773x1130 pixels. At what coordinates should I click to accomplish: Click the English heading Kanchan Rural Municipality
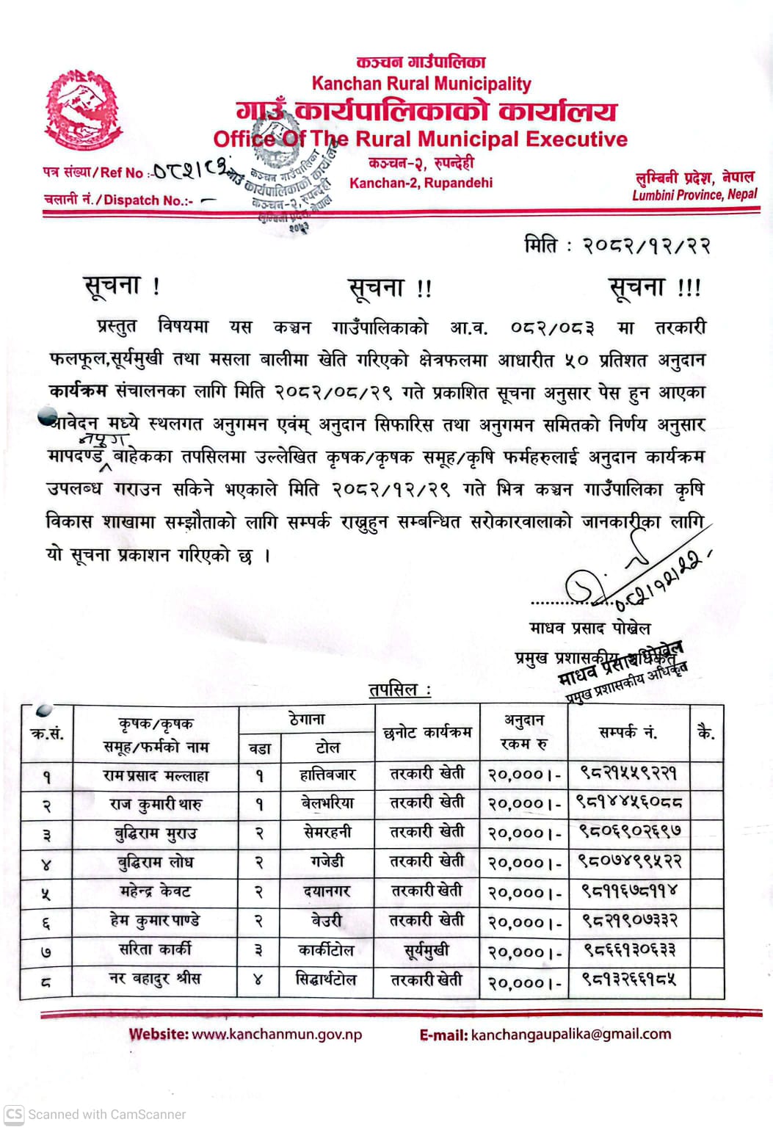click(421, 84)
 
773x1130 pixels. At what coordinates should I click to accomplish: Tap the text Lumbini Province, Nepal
click(694, 195)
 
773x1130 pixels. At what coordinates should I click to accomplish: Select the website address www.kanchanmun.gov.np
click(276, 1034)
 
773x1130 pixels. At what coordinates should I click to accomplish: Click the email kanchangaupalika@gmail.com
click(570, 1034)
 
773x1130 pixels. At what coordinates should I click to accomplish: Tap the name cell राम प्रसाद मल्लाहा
click(156, 775)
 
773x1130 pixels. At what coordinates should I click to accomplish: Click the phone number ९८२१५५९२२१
click(628, 773)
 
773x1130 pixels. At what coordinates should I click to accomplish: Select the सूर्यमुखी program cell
click(427, 951)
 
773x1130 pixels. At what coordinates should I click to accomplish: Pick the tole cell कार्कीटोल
click(326, 950)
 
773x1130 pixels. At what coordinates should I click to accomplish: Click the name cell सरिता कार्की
click(156, 949)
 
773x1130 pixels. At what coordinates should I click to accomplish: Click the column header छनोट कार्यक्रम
click(427, 732)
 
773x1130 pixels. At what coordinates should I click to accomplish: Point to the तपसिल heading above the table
click(399, 689)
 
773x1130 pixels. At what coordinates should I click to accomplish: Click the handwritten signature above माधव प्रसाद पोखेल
click(631, 580)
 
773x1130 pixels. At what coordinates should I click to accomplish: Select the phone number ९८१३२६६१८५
click(629, 979)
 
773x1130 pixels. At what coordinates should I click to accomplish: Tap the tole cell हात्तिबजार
click(327, 775)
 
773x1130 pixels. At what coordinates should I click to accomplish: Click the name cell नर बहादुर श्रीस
click(156, 979)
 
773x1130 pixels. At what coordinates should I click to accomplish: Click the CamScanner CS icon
click(14, 1114)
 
